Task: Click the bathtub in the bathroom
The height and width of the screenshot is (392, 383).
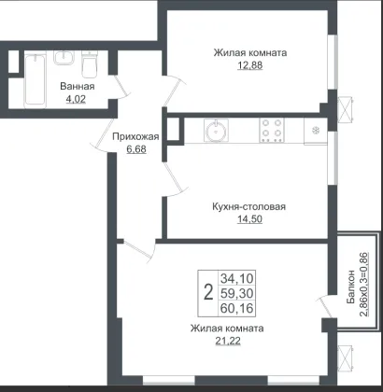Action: coord(35,80)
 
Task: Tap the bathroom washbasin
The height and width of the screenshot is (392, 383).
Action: coord(64,58)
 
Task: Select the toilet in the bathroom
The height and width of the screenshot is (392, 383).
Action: coord(90,63)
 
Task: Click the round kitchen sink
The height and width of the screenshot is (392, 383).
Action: coord(216,130)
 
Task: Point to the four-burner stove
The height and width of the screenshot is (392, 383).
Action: coord(272,131)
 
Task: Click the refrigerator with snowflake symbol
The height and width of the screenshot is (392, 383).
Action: coord(316,132)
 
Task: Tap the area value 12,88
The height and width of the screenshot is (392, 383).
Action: coord(250,65)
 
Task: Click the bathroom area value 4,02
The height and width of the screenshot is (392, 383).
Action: coord(76,100)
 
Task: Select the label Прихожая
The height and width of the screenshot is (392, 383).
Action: coord(135,136)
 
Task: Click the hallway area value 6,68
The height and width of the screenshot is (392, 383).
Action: coord(136,149)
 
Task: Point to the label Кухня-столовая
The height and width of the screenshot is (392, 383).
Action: coord(248,206)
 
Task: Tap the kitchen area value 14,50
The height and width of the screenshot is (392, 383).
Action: coord(249,219)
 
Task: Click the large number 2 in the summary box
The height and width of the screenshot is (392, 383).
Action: coord(208,293)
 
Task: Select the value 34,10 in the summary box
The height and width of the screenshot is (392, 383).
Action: coord(237,277)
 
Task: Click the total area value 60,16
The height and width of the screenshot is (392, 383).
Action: coord(237,309)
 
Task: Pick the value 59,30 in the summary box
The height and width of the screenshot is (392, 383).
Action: coord(237,293)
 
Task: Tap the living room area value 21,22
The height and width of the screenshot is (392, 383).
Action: coord(228,342)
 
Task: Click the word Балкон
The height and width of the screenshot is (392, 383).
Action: coord(351,287)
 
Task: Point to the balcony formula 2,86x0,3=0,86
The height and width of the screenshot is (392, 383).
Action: coord(364,285)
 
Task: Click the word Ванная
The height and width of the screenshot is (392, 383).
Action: coord(78,86)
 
